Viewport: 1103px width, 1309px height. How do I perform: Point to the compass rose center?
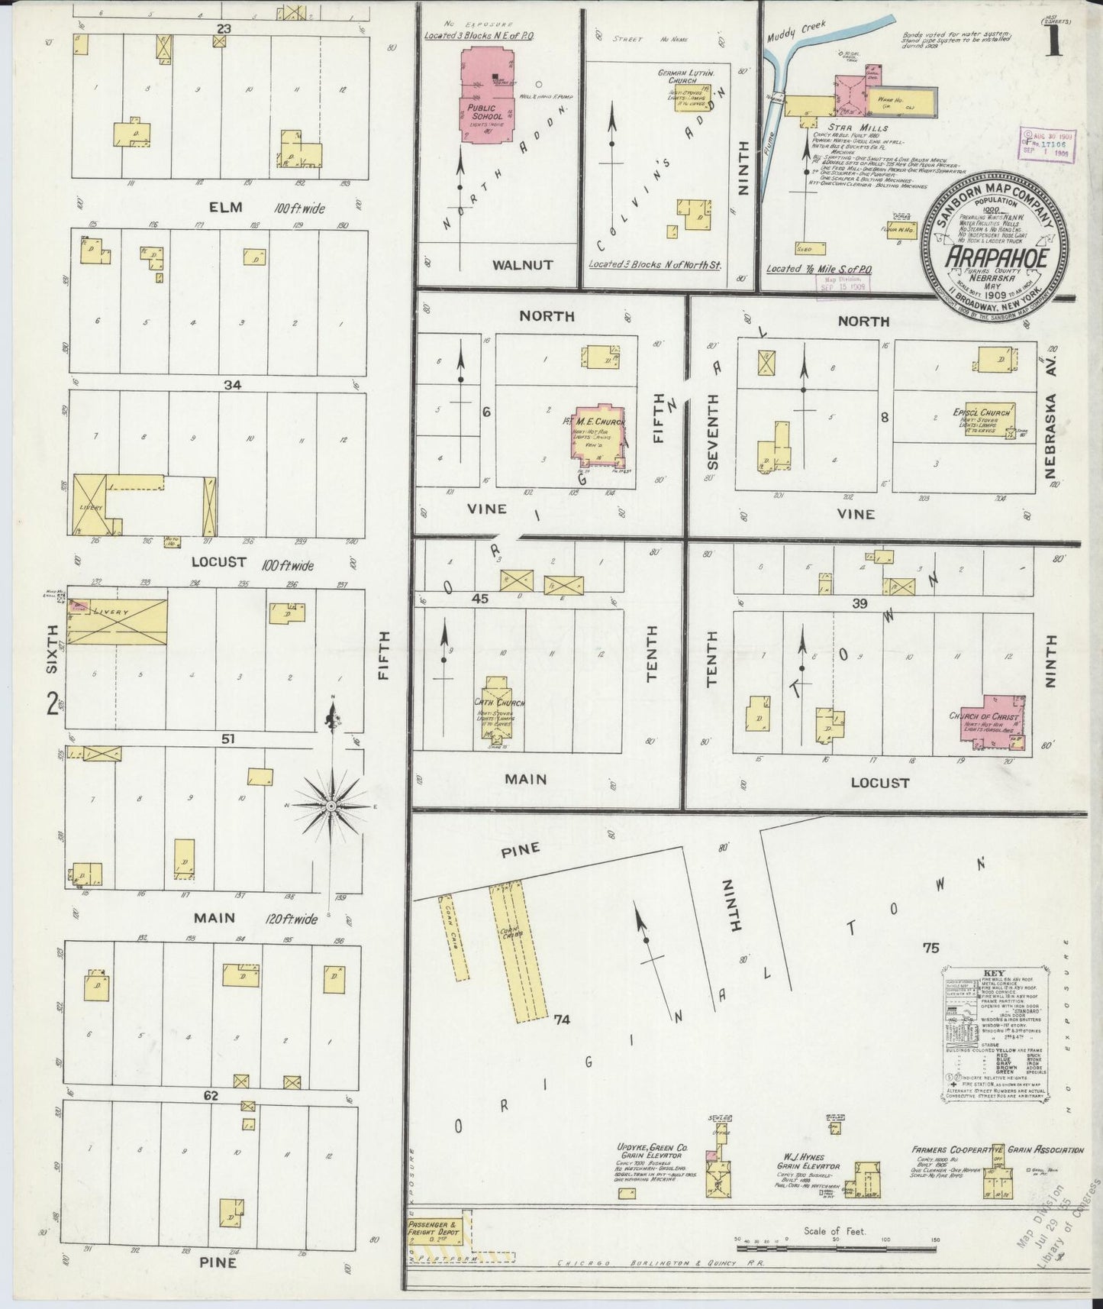point(331,806)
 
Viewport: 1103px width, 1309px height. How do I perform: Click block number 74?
point(563,1019)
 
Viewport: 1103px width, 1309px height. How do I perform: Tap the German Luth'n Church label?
point(686,76)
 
